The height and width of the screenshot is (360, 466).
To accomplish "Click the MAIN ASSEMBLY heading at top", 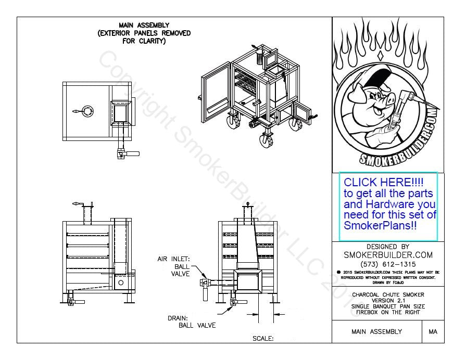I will tap(144, 25).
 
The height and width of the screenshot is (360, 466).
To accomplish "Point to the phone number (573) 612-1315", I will tap(388, 263).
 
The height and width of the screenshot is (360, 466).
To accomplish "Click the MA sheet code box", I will tap(433, 331).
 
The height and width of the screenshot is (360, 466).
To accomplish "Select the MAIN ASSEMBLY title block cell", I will tap(376, 331).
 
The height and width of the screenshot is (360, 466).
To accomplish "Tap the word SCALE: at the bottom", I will tap(263, 338).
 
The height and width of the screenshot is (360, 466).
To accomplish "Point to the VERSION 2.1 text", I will tap(388, 300).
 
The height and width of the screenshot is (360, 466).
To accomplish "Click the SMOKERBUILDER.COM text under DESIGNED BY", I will tap(388, 255).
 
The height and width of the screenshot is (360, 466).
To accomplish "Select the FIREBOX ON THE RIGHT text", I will tap(388, 312).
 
